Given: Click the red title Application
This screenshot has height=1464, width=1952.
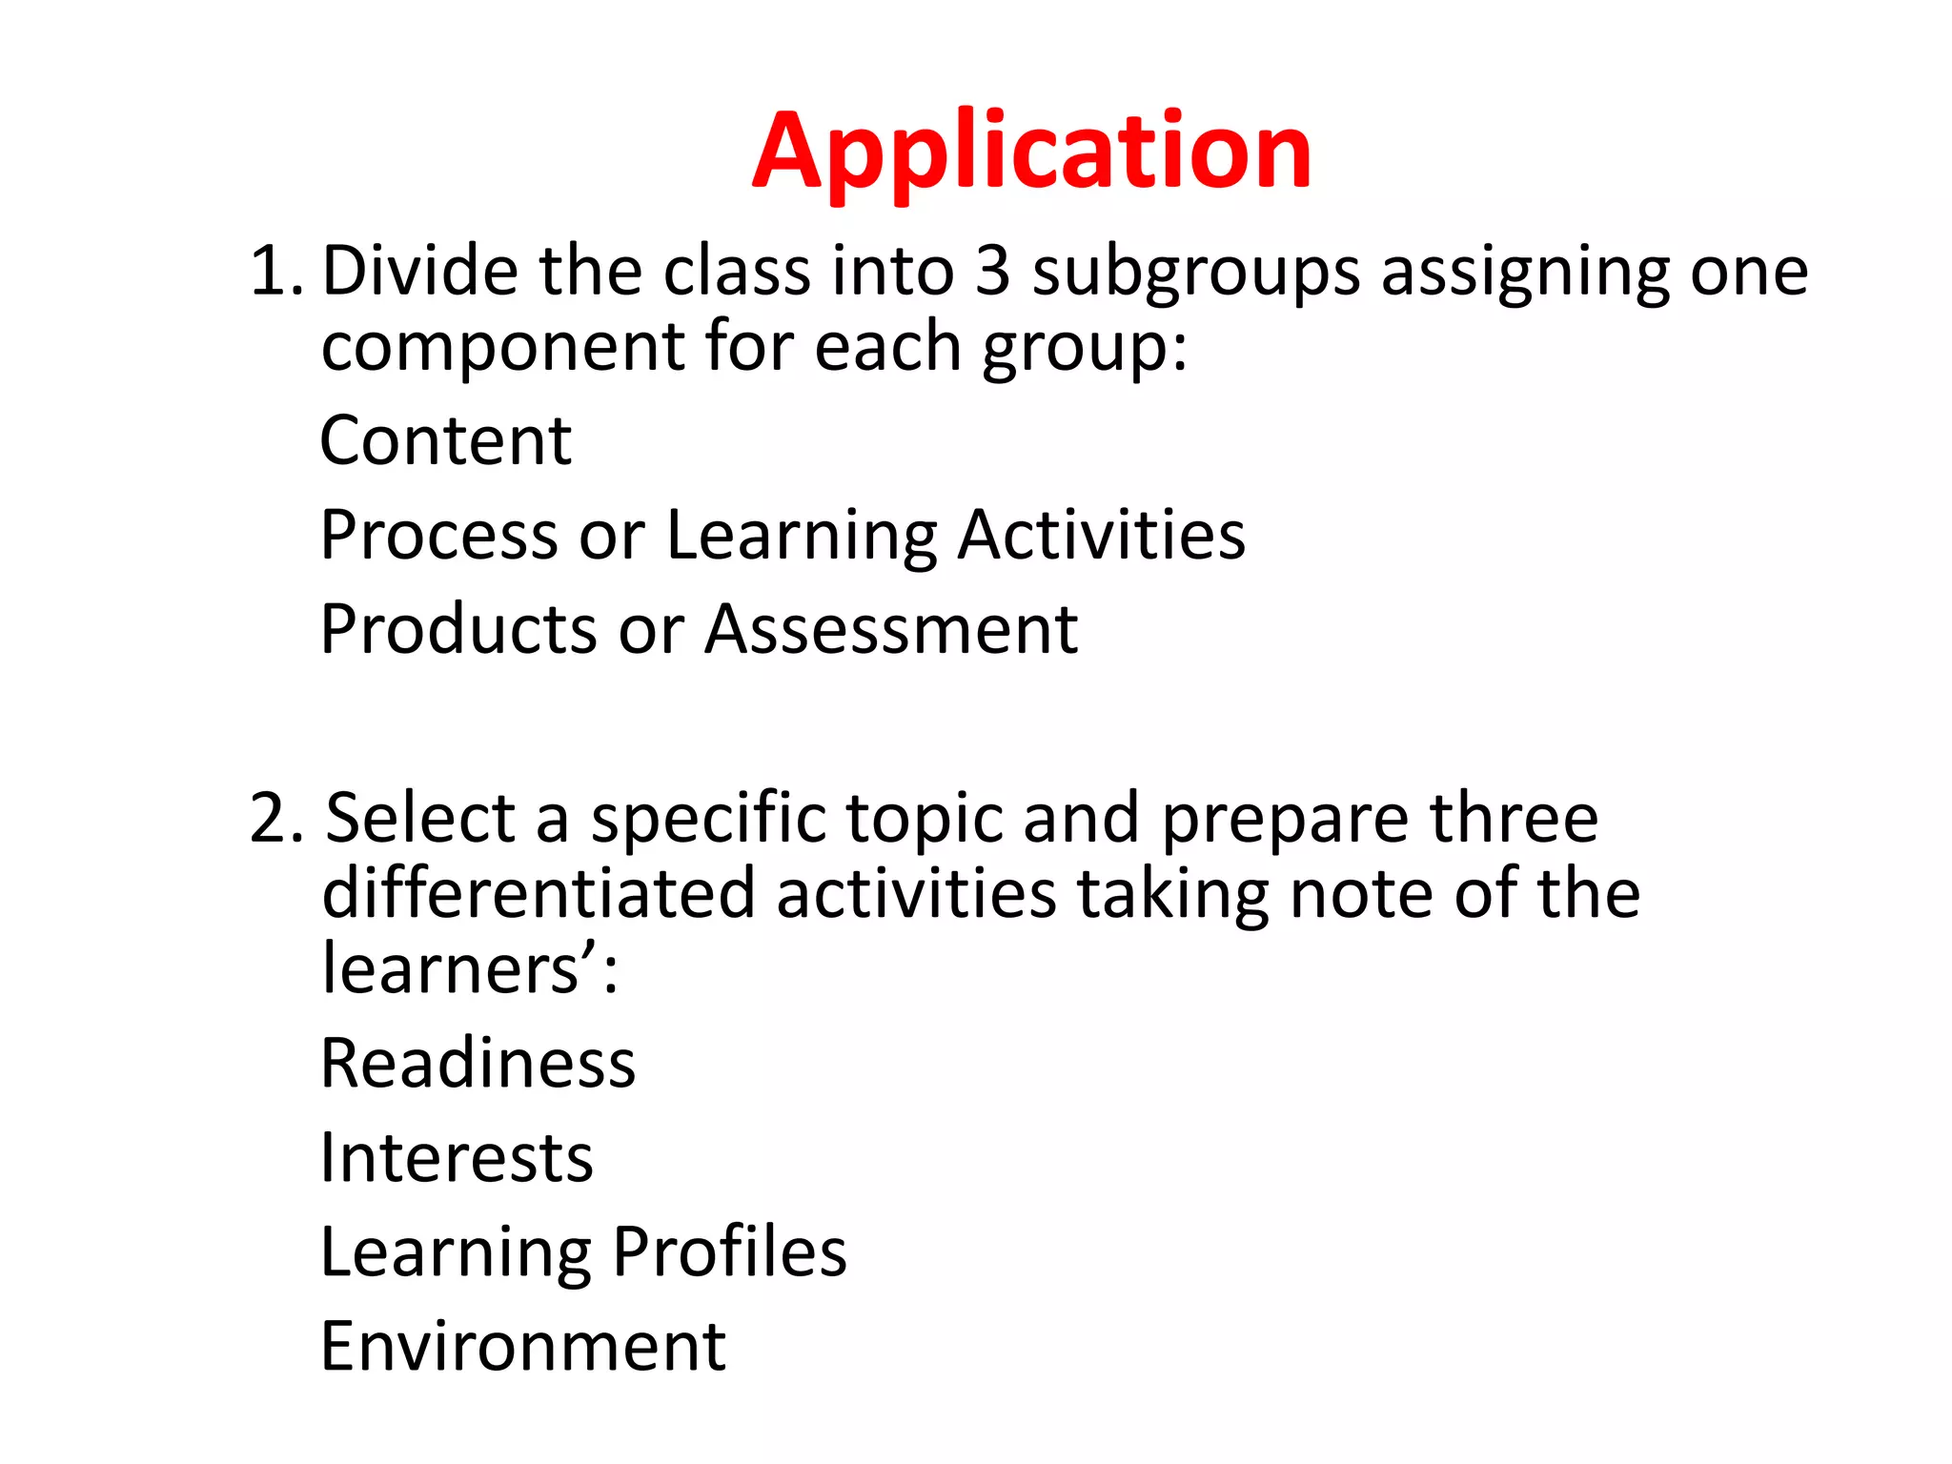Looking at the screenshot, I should pos(1031,152).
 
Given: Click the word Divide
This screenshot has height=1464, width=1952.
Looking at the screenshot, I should pos(420,272).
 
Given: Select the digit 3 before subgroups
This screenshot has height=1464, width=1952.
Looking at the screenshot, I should pos(992,272).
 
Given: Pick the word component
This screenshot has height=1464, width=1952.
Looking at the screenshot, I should pos(502,347).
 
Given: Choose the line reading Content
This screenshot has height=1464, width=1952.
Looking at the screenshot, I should pos(445,441).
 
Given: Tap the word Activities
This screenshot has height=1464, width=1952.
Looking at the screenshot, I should pos(1101,535).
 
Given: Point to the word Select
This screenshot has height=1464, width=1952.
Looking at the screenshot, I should pos(420,818).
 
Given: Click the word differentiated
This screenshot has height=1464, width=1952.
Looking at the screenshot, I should pos(539,893).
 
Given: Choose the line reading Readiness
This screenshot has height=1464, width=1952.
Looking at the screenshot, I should pos(478,1063).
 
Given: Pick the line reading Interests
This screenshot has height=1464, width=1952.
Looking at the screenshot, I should pos(457,1157).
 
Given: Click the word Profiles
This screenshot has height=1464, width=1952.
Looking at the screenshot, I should pos(729,1251).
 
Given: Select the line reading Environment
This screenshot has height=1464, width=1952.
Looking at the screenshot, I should pos(523,1346).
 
